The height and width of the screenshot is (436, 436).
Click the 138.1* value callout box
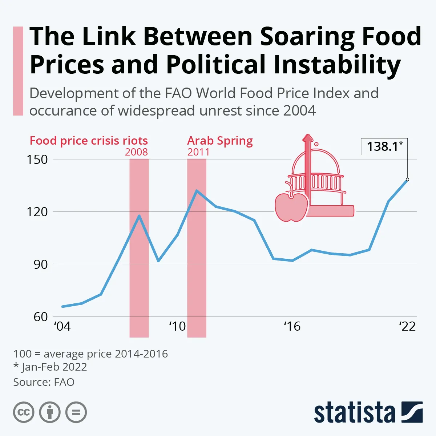coord(384,146)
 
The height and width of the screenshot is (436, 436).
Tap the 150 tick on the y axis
coord(37,160)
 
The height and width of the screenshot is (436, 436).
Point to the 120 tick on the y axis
coord(37,212)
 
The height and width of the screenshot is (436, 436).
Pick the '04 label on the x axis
coord(62,326)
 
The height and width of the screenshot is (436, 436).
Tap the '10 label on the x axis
coord(177,326)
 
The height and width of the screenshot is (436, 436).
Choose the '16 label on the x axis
coord(292,326)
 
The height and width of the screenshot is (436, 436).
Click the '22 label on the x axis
coord(407,326)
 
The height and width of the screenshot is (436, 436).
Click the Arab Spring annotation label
coord(220,141)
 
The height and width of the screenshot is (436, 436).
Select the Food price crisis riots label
coord(89,141)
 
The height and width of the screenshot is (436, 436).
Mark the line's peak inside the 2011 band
coord(197,190)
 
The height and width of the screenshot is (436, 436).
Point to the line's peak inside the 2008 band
coord(139,216)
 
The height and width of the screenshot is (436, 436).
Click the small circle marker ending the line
coord(407,179)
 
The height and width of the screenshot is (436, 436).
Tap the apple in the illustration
coord(291,207)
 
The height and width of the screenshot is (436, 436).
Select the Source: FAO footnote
coord(44,382)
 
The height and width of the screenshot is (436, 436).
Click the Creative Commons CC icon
coord(24,412)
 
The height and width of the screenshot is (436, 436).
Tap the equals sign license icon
coord(76,412)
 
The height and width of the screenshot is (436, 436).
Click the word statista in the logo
coord(354,413)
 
